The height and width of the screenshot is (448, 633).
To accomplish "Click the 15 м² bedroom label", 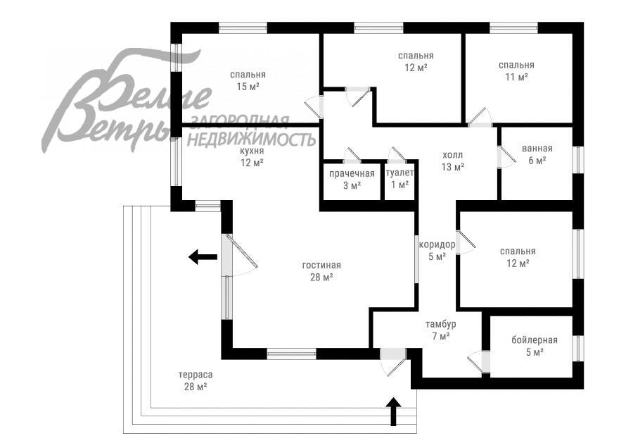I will [248, 80].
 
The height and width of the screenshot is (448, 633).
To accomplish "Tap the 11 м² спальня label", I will [516, 71].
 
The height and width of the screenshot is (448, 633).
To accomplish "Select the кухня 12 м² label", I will [252, 156].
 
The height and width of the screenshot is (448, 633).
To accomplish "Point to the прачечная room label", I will [352, 180].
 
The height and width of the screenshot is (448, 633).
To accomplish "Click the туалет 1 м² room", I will [399, 180].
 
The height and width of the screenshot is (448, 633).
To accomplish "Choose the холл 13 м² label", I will [453, 161].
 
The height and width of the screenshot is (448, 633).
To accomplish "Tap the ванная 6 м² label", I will [537, 154].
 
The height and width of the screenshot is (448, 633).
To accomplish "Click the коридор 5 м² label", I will [437, 251].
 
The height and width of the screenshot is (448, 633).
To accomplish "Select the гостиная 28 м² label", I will [321, 271].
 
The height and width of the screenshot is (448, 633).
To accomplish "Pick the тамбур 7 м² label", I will [440, 330].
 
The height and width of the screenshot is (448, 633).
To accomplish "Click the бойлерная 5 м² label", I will [534, 346].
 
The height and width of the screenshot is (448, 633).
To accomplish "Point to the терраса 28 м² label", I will [195, 380].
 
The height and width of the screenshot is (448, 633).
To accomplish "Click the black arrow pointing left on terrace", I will [203, 257].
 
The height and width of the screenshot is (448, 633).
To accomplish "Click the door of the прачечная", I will [352, 156].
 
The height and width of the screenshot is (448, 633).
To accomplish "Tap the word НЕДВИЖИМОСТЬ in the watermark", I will [253, 139].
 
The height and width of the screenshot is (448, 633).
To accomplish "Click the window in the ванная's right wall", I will [577, 159].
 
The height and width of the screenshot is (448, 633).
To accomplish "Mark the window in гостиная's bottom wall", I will [291, 354].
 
